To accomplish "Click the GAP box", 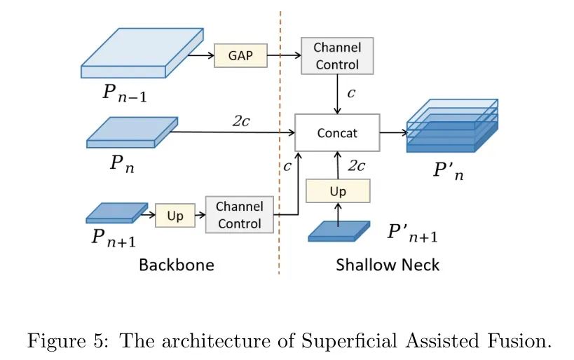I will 240,55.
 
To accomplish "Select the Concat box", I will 337,132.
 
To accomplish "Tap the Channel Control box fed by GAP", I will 337,56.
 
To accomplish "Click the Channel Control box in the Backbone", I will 240,215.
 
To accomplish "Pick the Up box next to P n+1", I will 175,216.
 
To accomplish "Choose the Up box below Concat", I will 338,191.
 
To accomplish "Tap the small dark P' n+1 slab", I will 339,231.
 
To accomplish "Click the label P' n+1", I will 412,235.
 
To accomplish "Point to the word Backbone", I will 176,265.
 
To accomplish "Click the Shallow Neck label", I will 388,265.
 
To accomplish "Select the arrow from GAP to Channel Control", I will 284,55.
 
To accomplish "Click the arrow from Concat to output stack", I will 393,132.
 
